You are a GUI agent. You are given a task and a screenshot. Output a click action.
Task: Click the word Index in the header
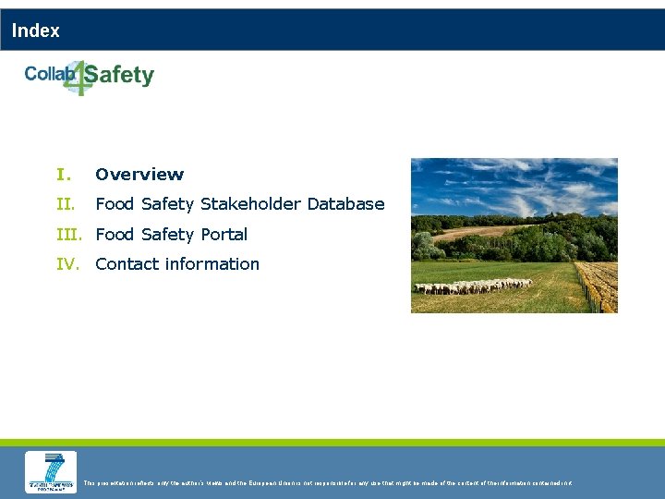[36, 30]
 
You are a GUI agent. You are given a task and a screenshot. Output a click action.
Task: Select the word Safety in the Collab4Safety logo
[124, 76]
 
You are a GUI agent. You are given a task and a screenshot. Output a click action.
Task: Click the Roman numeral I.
[63, 175]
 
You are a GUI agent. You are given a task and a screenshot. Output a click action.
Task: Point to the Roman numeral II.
[65, 204]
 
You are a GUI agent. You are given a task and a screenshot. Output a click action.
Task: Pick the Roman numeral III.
[72, 235]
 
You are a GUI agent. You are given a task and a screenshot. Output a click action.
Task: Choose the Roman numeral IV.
[67, 264]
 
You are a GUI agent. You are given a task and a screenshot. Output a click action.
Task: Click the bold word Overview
[139, 175]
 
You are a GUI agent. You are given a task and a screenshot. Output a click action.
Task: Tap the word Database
[345, 204]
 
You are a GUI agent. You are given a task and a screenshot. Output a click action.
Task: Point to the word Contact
[127, 264]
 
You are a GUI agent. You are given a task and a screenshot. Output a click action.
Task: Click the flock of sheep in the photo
[471, 287]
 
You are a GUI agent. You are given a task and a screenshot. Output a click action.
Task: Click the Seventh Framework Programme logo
[51, 472]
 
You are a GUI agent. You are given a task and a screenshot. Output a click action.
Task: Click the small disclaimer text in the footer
[328, 482]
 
